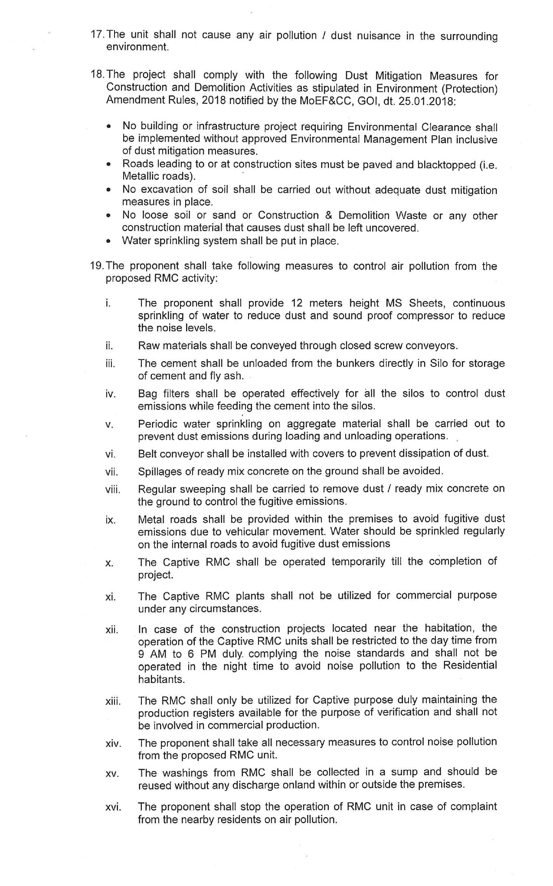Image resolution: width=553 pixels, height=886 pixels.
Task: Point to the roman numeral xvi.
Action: tap(113, 808)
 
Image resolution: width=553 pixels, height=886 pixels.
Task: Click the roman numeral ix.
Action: tap(110, 520)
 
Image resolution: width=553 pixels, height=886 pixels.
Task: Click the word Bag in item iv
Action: tap(147, 394)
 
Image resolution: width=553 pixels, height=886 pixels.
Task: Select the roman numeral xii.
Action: tap(111, 630)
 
